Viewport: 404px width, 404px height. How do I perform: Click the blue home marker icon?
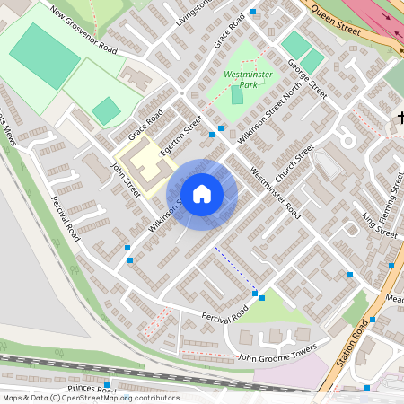pyautogui.click(x=202, y=193)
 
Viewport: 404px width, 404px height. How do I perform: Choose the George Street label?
pyautogui.click(x=307, y=78)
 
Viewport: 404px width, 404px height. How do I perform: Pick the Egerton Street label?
pyautogui.click(x=176, y=140)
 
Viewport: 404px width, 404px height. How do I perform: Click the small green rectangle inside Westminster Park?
pyautogui.click(x=237, y=94)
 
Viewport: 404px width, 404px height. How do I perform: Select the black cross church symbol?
pyautogui.click(x=400, y=117)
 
